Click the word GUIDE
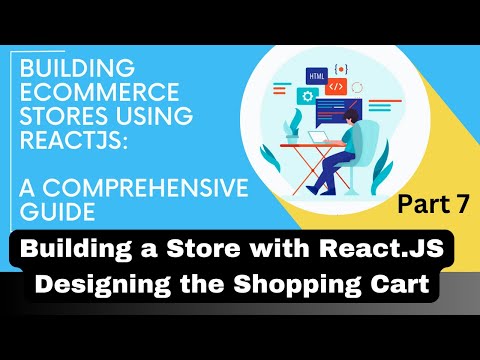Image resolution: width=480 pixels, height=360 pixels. (x=49, y=212)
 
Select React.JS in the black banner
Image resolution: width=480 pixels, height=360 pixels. (x=381, y=246)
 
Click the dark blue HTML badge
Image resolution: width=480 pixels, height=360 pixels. (x=317, y=76)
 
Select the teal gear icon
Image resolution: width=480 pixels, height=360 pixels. (x=307, y=97)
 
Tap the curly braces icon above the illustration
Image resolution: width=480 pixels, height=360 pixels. (x=341, y=67)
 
